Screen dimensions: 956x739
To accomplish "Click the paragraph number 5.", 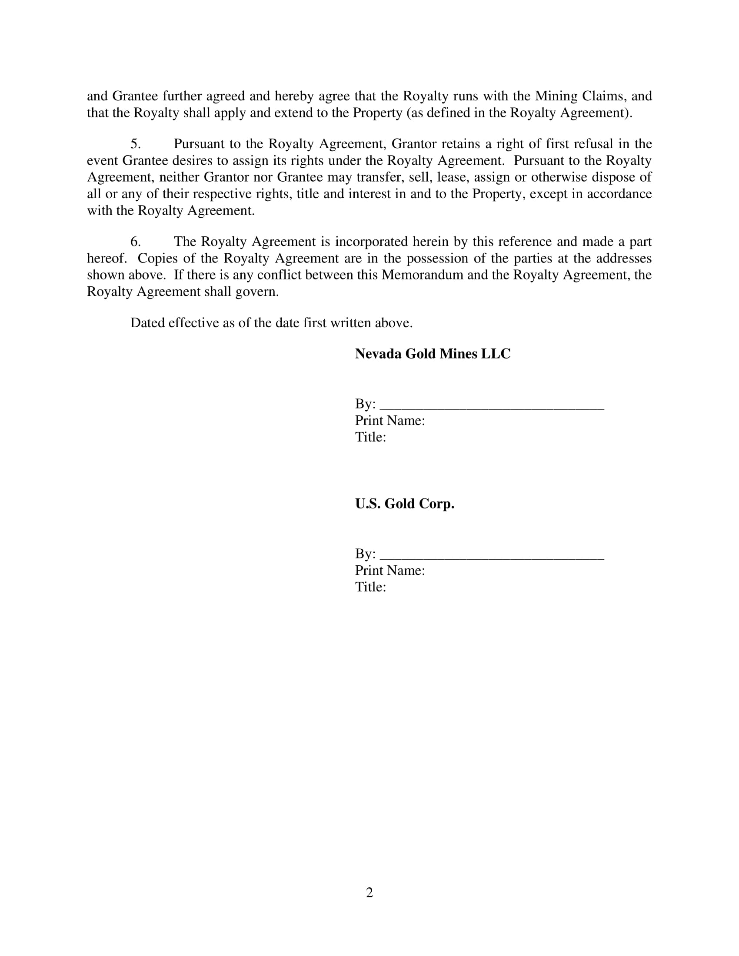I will click(135, 144).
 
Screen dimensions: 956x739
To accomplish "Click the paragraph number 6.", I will click(135, 242).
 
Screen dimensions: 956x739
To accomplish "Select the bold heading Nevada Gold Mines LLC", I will click(433, 354).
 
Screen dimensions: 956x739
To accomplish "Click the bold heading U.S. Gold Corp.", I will click(405, 504).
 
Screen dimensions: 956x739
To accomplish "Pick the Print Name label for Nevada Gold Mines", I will click(389, 421).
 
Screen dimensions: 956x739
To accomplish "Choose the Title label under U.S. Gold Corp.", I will click(370, 587).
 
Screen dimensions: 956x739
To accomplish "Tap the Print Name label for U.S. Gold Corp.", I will click(389, 571).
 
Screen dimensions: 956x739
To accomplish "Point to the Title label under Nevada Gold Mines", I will click(370, 437).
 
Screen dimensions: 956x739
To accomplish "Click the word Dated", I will click(147, 323).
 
